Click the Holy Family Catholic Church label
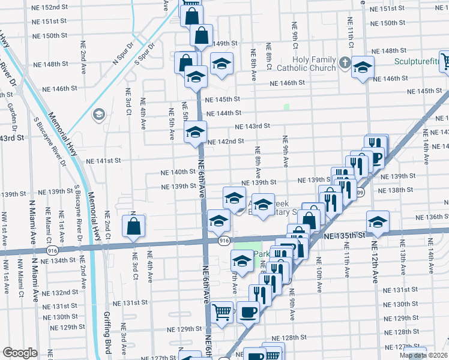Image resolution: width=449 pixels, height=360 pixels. pyautogui.click(x=315, y=64)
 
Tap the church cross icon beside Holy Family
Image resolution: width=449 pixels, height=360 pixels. pyautogui.click(x=345, y=62)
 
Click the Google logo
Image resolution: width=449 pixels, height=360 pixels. pyautogui.click(x=20, y=353)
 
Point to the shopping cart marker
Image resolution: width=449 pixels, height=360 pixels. pyautogui.click(x=222, y=311)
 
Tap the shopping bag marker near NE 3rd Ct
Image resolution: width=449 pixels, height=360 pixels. pyautogui.click(x=133, y=226)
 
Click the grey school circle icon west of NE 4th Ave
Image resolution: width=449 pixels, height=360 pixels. pyautogui.click(x=98, y=114)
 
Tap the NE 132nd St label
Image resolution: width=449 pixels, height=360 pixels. pyautogui.click(x=58, y=293)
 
